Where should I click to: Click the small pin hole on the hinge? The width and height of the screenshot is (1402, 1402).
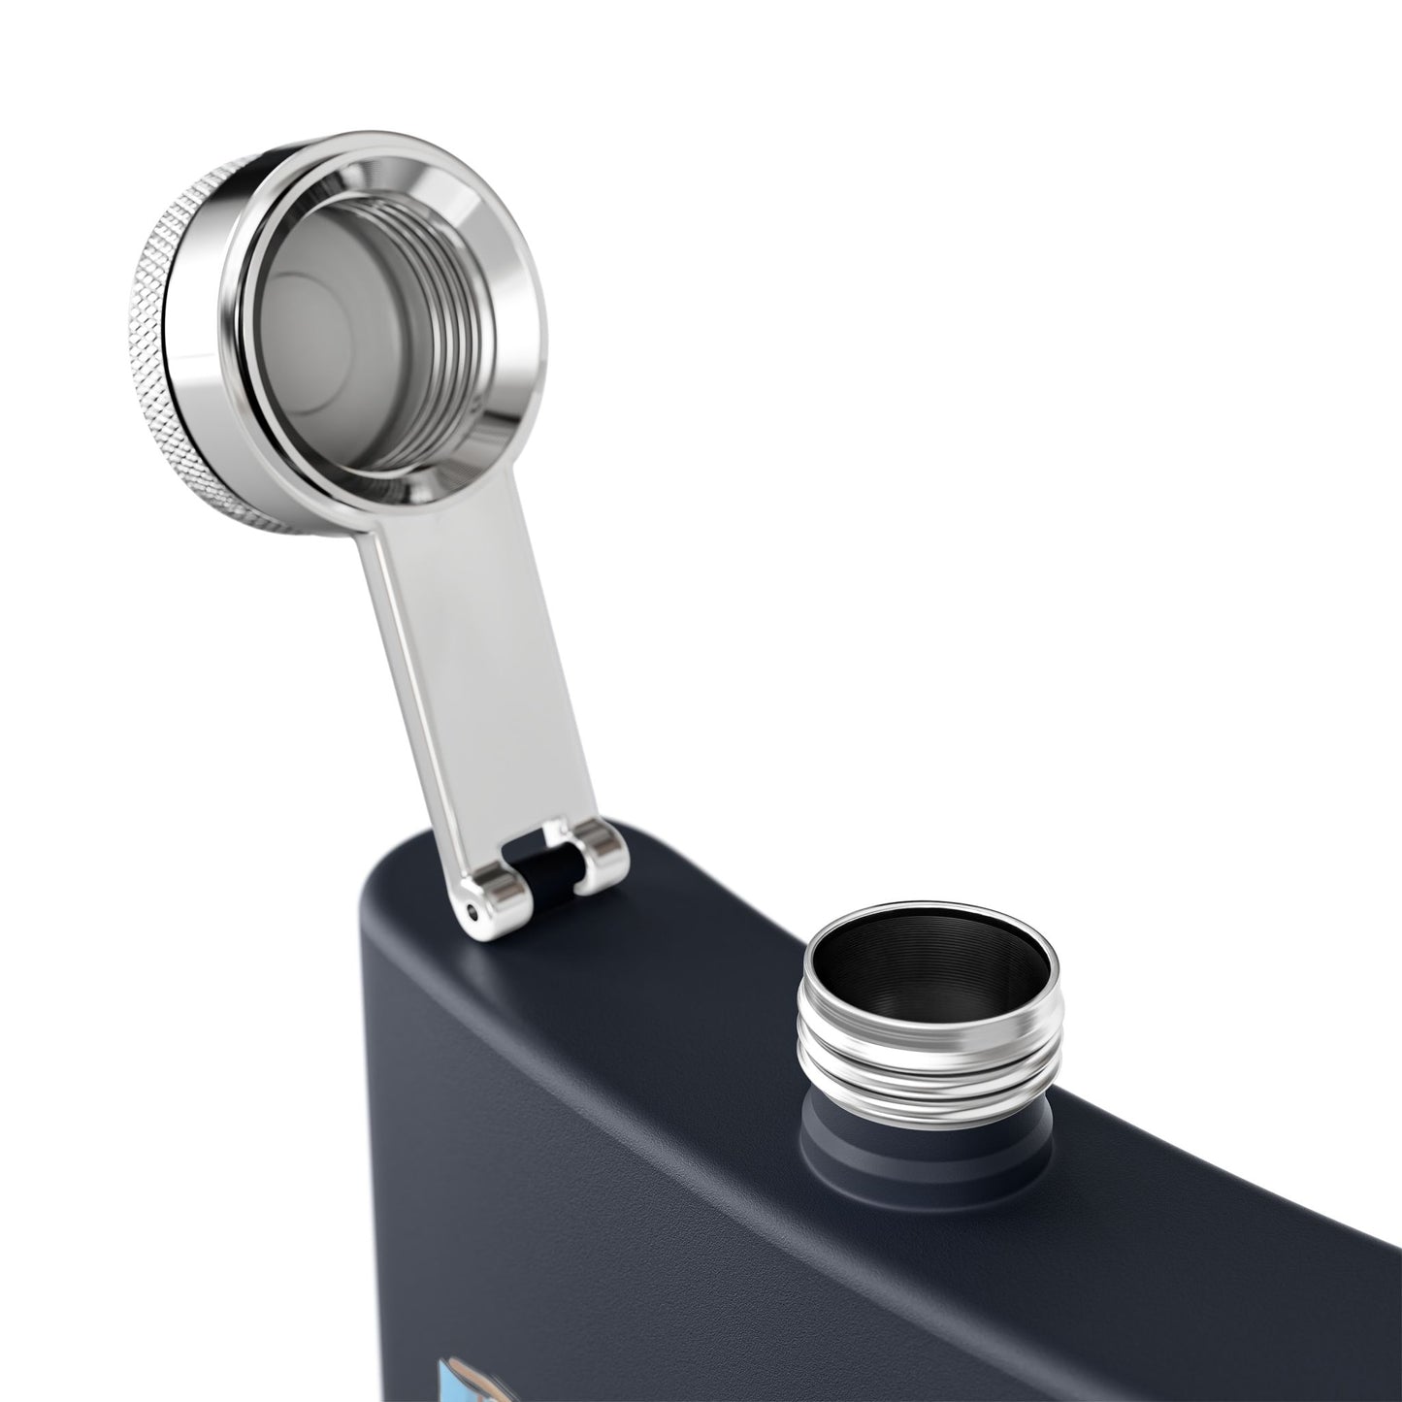(x=473, y=911)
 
